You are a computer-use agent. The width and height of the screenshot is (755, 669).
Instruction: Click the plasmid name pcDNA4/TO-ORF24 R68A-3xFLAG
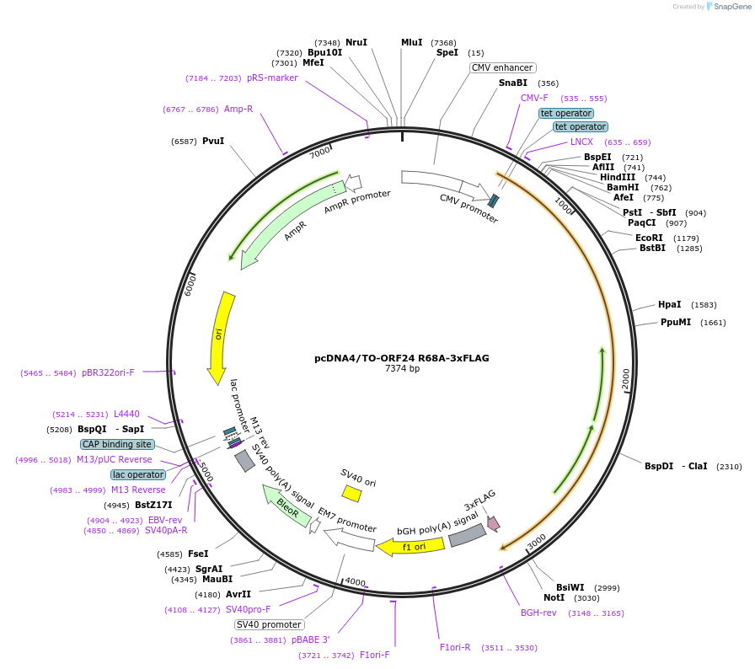click(401, 358)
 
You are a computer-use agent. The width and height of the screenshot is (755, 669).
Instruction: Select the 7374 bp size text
click(402, 369)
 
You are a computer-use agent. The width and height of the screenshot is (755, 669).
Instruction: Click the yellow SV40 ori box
click(351, 493)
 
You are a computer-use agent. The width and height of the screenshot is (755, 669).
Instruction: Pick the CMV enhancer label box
click(502, 67)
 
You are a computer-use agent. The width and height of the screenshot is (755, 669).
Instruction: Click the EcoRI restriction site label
click(649, 238)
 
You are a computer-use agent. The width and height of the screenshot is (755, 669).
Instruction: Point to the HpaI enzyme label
click(669, 304)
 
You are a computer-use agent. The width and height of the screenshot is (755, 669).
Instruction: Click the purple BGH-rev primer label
click(538, 613)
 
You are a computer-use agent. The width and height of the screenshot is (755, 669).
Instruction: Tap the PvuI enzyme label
click(213, 141)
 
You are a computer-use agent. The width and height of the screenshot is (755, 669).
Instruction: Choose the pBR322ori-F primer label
click(108, 372)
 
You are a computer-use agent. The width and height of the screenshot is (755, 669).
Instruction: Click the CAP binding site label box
click(117, 444)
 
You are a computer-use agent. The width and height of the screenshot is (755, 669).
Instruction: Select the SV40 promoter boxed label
click(269, 624)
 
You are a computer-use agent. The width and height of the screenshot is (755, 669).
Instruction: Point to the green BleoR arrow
click(287, 506)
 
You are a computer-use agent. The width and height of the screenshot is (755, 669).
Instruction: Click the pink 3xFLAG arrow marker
click(493, 523)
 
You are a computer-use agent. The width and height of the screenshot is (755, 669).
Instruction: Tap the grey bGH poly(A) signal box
click(467, 535)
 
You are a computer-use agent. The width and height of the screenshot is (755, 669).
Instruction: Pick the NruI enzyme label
click(356, 42)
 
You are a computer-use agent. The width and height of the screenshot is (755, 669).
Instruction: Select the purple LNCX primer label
click(581, 142)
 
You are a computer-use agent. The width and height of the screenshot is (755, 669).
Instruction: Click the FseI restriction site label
click(198, 554)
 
